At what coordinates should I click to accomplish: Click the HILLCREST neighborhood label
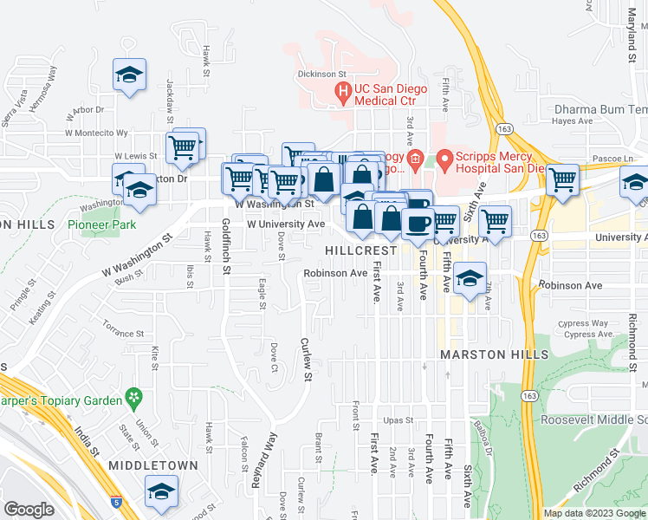point(360,250)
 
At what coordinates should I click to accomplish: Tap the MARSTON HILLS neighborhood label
point(494,355)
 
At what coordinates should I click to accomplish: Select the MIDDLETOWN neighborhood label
point(153,465)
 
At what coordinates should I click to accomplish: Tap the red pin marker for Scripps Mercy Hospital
point(445,159)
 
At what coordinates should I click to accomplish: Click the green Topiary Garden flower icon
point(134,398)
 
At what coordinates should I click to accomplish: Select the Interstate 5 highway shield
point(115,501)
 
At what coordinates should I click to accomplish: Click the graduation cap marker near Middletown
point(162,492)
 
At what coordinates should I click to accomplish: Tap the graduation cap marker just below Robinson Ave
point(470,278)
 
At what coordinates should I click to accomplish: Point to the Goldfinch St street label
point(225,246)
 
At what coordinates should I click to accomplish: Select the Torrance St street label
point(123,334)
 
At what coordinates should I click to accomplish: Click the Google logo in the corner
point(29,510)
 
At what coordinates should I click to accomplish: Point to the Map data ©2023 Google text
point(593,513)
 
